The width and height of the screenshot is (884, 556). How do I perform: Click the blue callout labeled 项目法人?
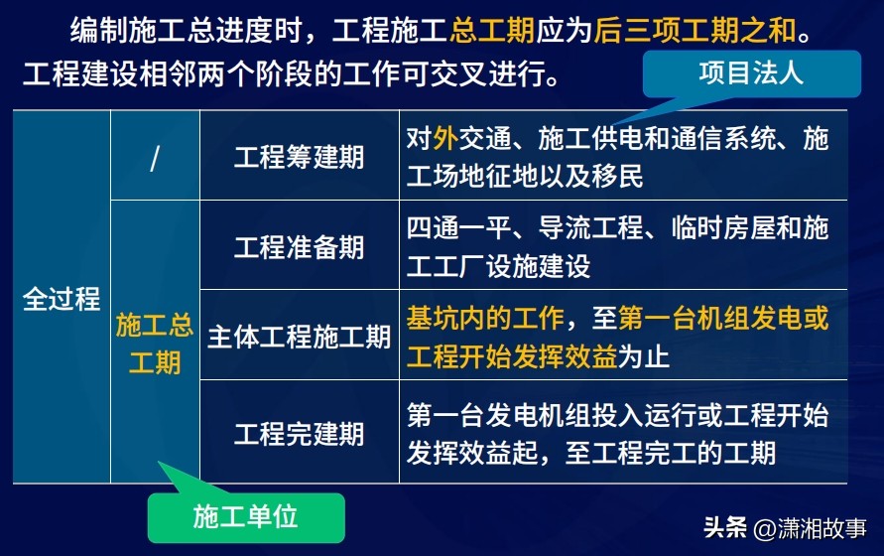(x=751, y=73)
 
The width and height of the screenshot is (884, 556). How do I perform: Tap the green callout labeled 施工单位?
(x=246, y=517)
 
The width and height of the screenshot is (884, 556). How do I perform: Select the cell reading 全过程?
(x=62, y=298)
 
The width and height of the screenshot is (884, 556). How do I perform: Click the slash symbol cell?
(x=155, y=156)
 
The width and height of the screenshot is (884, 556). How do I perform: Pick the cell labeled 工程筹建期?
(x=300, y=156)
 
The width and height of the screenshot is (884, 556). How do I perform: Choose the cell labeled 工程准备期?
(x=300, y=246)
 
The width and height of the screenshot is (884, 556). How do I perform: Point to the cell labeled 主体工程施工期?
(x=300, y=336)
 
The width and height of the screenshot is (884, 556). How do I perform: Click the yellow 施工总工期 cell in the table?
(x=155, y=343)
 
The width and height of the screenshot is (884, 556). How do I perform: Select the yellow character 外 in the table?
(x=445, y=139)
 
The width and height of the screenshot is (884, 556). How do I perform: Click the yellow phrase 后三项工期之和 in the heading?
(x=695, y=30)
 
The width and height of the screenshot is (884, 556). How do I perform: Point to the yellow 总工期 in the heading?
(x=492, y=30)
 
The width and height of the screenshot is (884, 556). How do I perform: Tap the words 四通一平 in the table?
(x=459, y=227)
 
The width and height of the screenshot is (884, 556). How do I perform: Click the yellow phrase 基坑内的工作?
(x=485, y=318)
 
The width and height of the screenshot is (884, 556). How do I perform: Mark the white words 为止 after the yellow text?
(x=644, y=356)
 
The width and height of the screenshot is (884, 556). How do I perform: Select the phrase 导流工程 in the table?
(x=591, y=227)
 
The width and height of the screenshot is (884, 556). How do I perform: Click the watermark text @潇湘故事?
(x=810, y=528)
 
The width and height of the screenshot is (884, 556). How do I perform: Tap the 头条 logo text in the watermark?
(x=725, y=528)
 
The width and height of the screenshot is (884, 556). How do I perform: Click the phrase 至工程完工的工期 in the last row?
(x=671, y=453)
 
